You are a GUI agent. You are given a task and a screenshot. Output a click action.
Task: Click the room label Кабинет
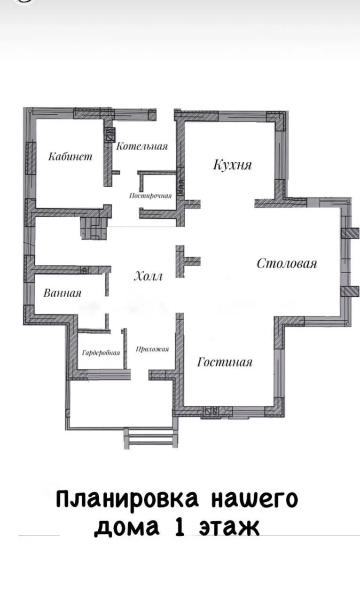coord(70,157)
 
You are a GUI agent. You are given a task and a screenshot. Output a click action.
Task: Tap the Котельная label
coord(142,146)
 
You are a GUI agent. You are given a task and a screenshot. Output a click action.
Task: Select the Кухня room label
coord(233,165)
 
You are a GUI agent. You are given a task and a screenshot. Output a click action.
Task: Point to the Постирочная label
coord(150,196)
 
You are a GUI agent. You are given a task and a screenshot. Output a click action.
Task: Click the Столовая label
coord(287,263)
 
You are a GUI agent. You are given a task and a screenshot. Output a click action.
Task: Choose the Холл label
coord(149,276)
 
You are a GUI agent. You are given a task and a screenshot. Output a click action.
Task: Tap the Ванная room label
coord(63,293)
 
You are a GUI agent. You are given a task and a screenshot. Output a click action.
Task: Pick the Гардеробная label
coord(101,353)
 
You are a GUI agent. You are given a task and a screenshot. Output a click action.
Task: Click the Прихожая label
coord(152,349)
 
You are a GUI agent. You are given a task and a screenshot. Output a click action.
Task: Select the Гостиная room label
coord(225,362)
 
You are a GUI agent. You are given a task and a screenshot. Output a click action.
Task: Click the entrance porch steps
coord(150,438)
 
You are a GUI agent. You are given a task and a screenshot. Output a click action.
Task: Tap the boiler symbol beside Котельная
coord(110,135)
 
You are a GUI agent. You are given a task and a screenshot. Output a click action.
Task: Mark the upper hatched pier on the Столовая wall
coord(350,233)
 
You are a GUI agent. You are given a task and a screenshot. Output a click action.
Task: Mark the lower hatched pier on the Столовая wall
coord(350,292)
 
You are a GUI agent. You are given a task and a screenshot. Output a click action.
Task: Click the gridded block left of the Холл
coord(94,228)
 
